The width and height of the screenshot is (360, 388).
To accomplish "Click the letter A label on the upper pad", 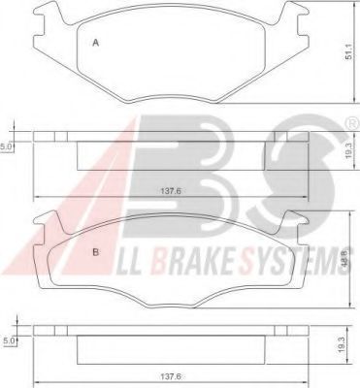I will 95,44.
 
